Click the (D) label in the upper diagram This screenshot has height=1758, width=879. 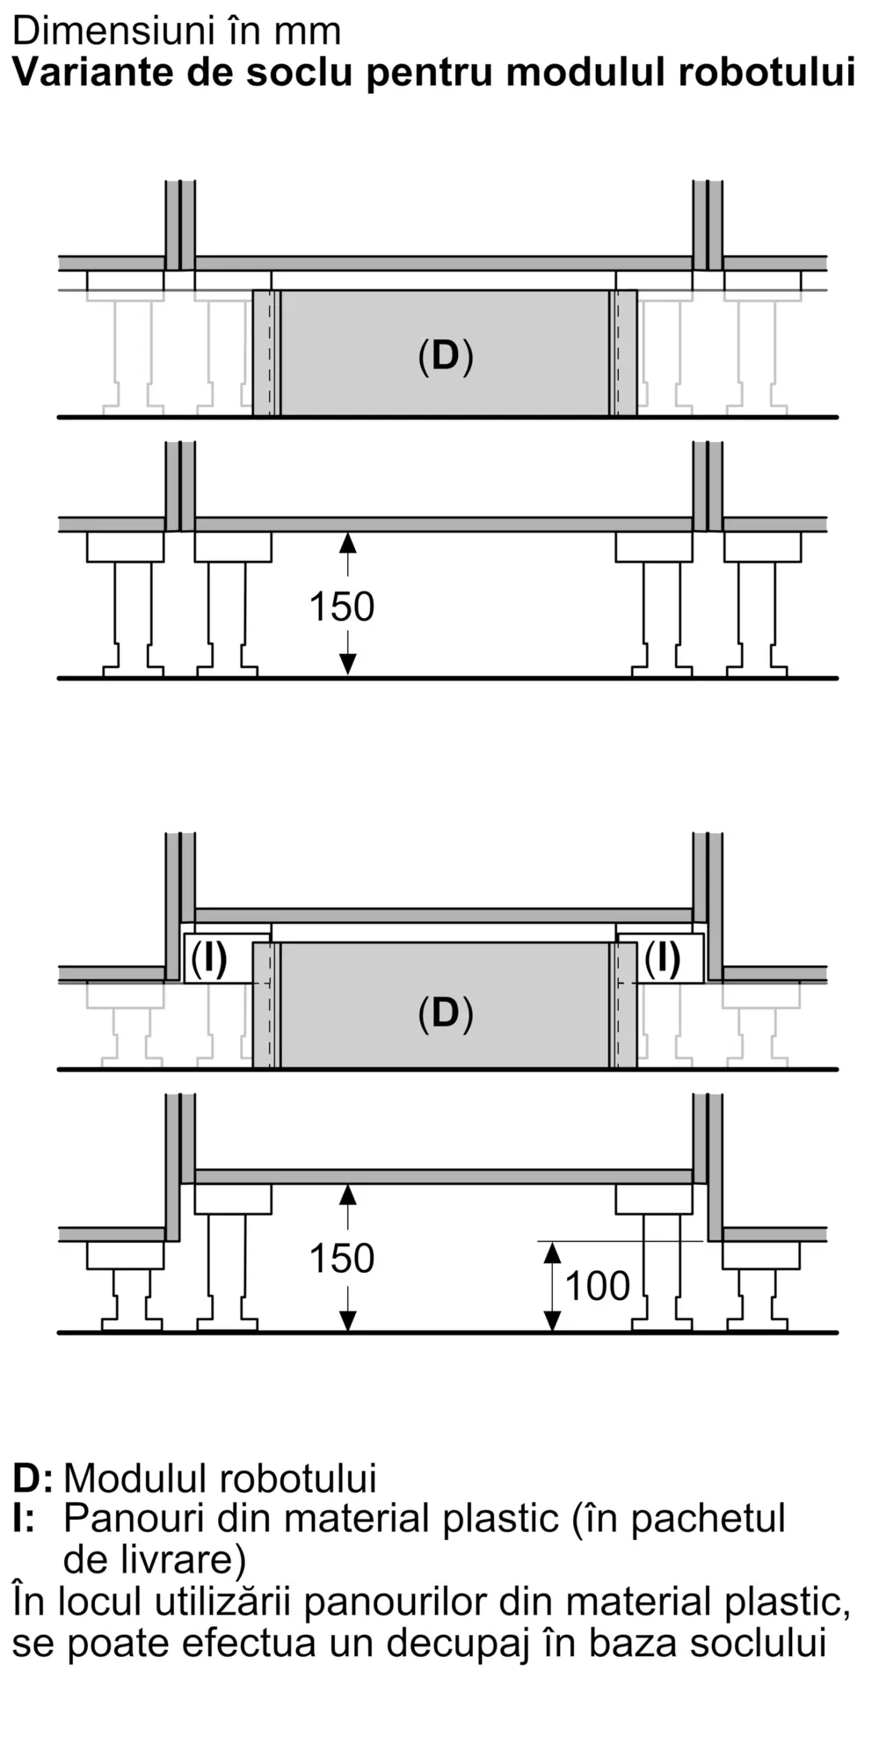(x=446, y=356)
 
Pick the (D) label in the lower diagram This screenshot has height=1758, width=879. (x=446, y=1013)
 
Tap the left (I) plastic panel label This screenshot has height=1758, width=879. (x=209, y=958)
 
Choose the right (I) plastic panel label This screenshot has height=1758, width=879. (x=663, y=958)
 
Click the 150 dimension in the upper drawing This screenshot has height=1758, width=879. (x=342, y=607)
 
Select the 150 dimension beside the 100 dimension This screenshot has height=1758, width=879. (x=342, y=1259)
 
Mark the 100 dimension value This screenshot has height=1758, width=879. (x=598, y=1286)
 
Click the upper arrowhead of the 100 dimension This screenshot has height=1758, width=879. (x=552, y=1251)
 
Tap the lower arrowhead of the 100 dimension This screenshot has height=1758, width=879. (x=552, y=1321)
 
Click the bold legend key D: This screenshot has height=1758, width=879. (x=33, y=1478)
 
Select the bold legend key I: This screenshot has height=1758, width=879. (x=24, y=1519)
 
